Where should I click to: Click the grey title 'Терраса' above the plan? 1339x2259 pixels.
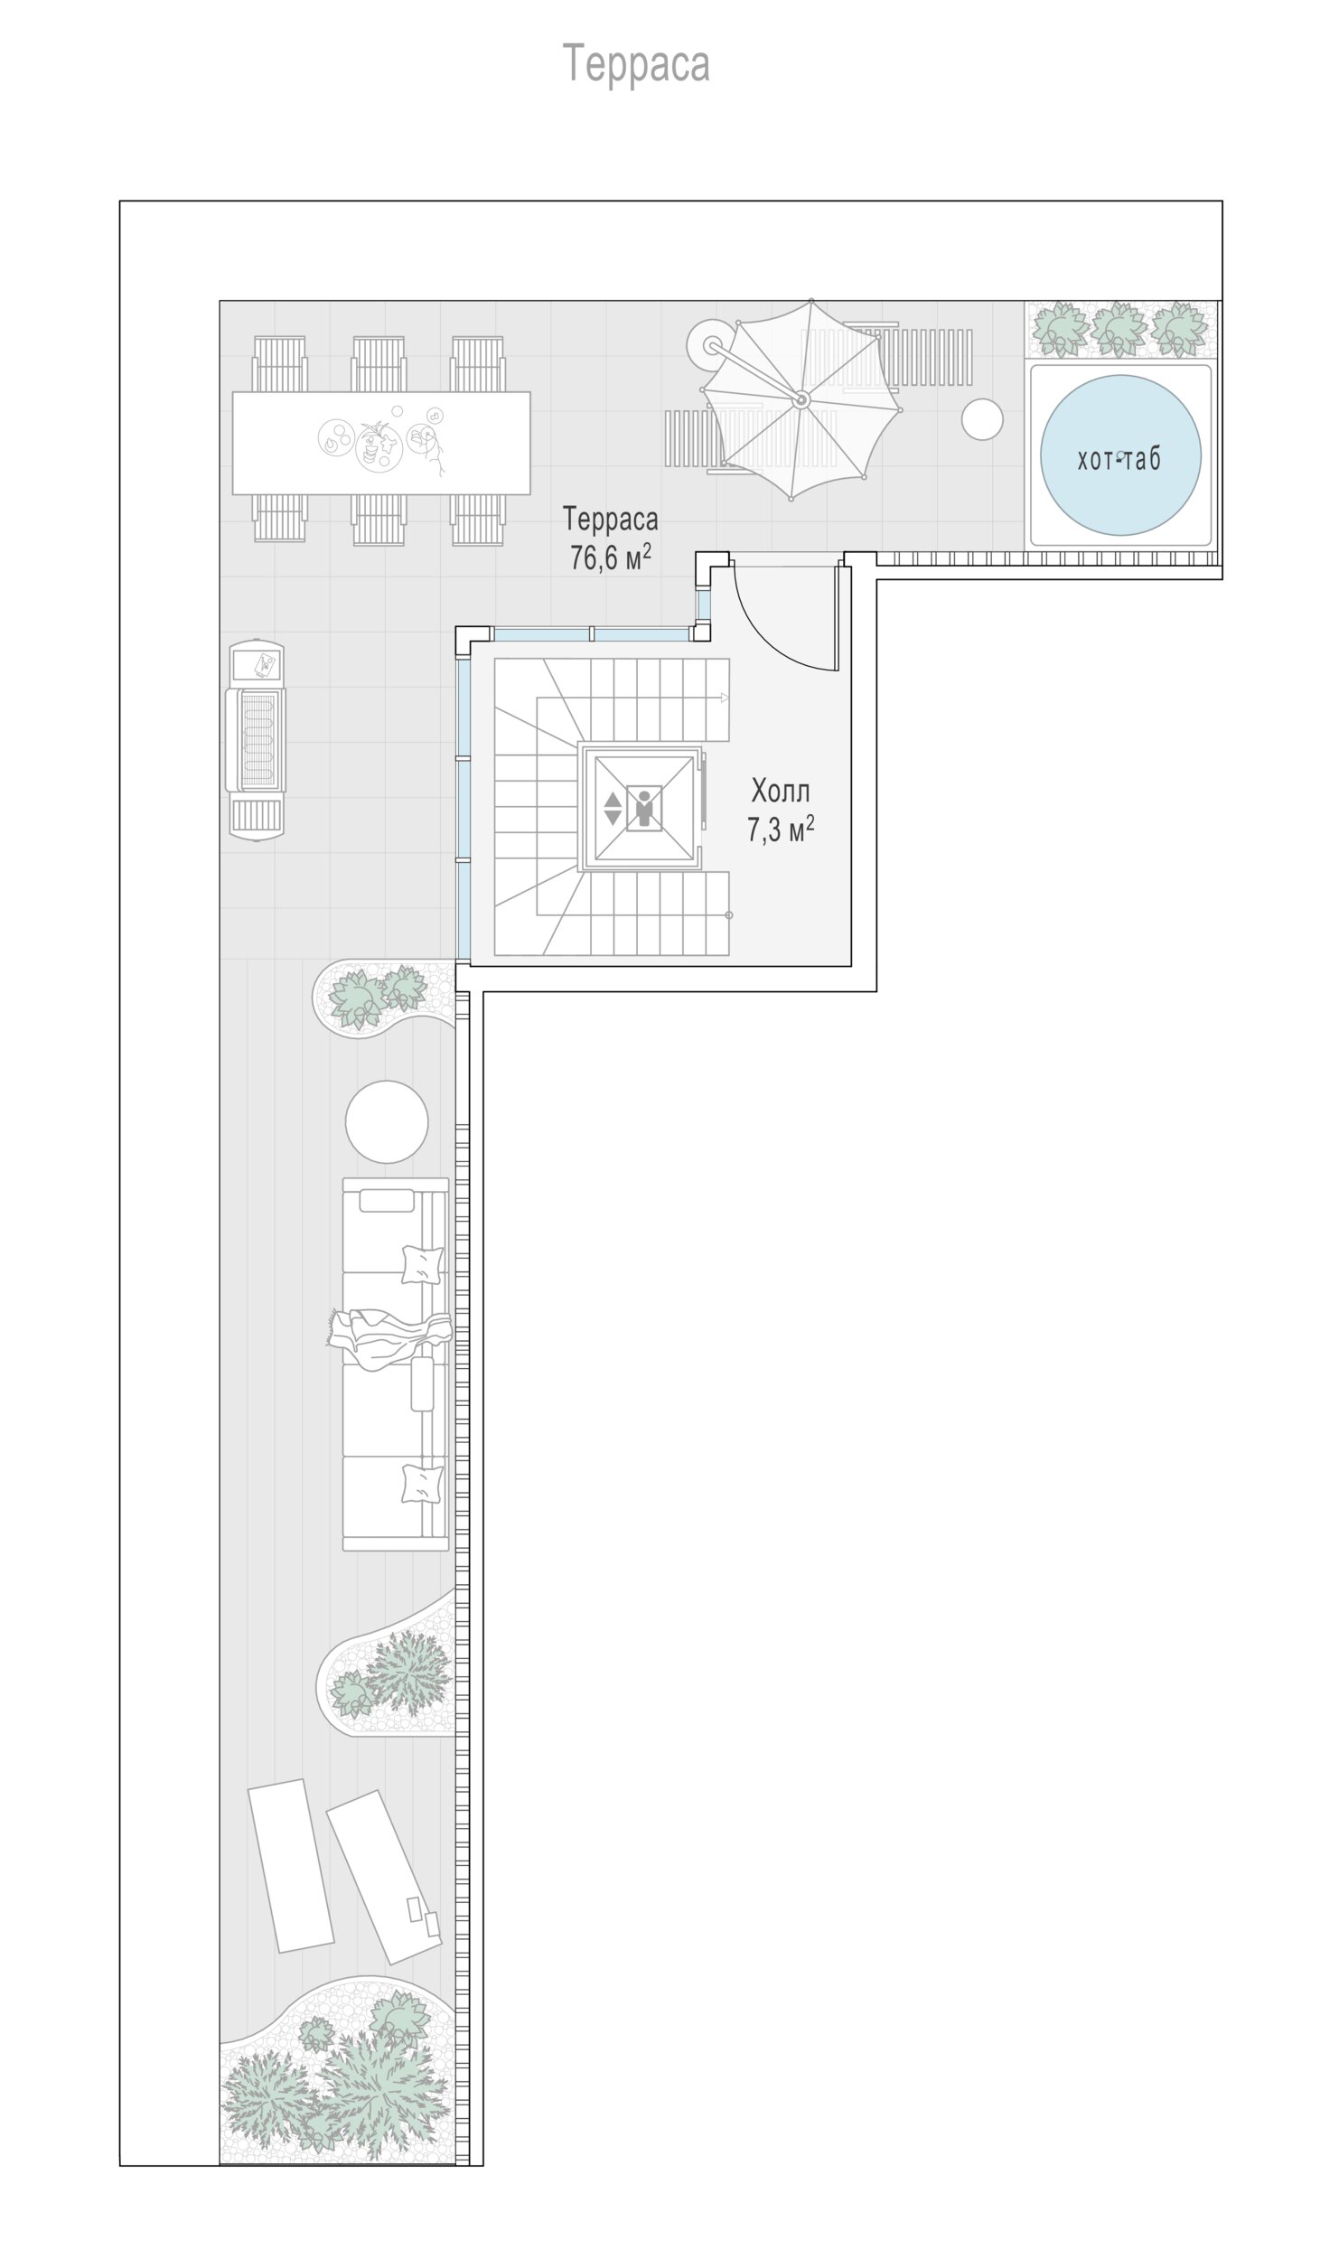637,64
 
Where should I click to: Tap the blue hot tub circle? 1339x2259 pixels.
1120,455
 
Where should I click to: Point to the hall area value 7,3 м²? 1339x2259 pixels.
781,829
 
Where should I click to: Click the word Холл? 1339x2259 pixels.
781,792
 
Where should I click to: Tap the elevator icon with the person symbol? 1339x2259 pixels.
642,807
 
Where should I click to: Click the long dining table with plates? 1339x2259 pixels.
381,443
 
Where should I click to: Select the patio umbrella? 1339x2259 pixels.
801,398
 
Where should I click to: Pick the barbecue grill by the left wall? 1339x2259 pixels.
256,741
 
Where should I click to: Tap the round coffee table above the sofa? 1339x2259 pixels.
387,1121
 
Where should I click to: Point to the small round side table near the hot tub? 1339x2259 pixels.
982,419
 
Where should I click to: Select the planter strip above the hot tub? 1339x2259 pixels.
1120,328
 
